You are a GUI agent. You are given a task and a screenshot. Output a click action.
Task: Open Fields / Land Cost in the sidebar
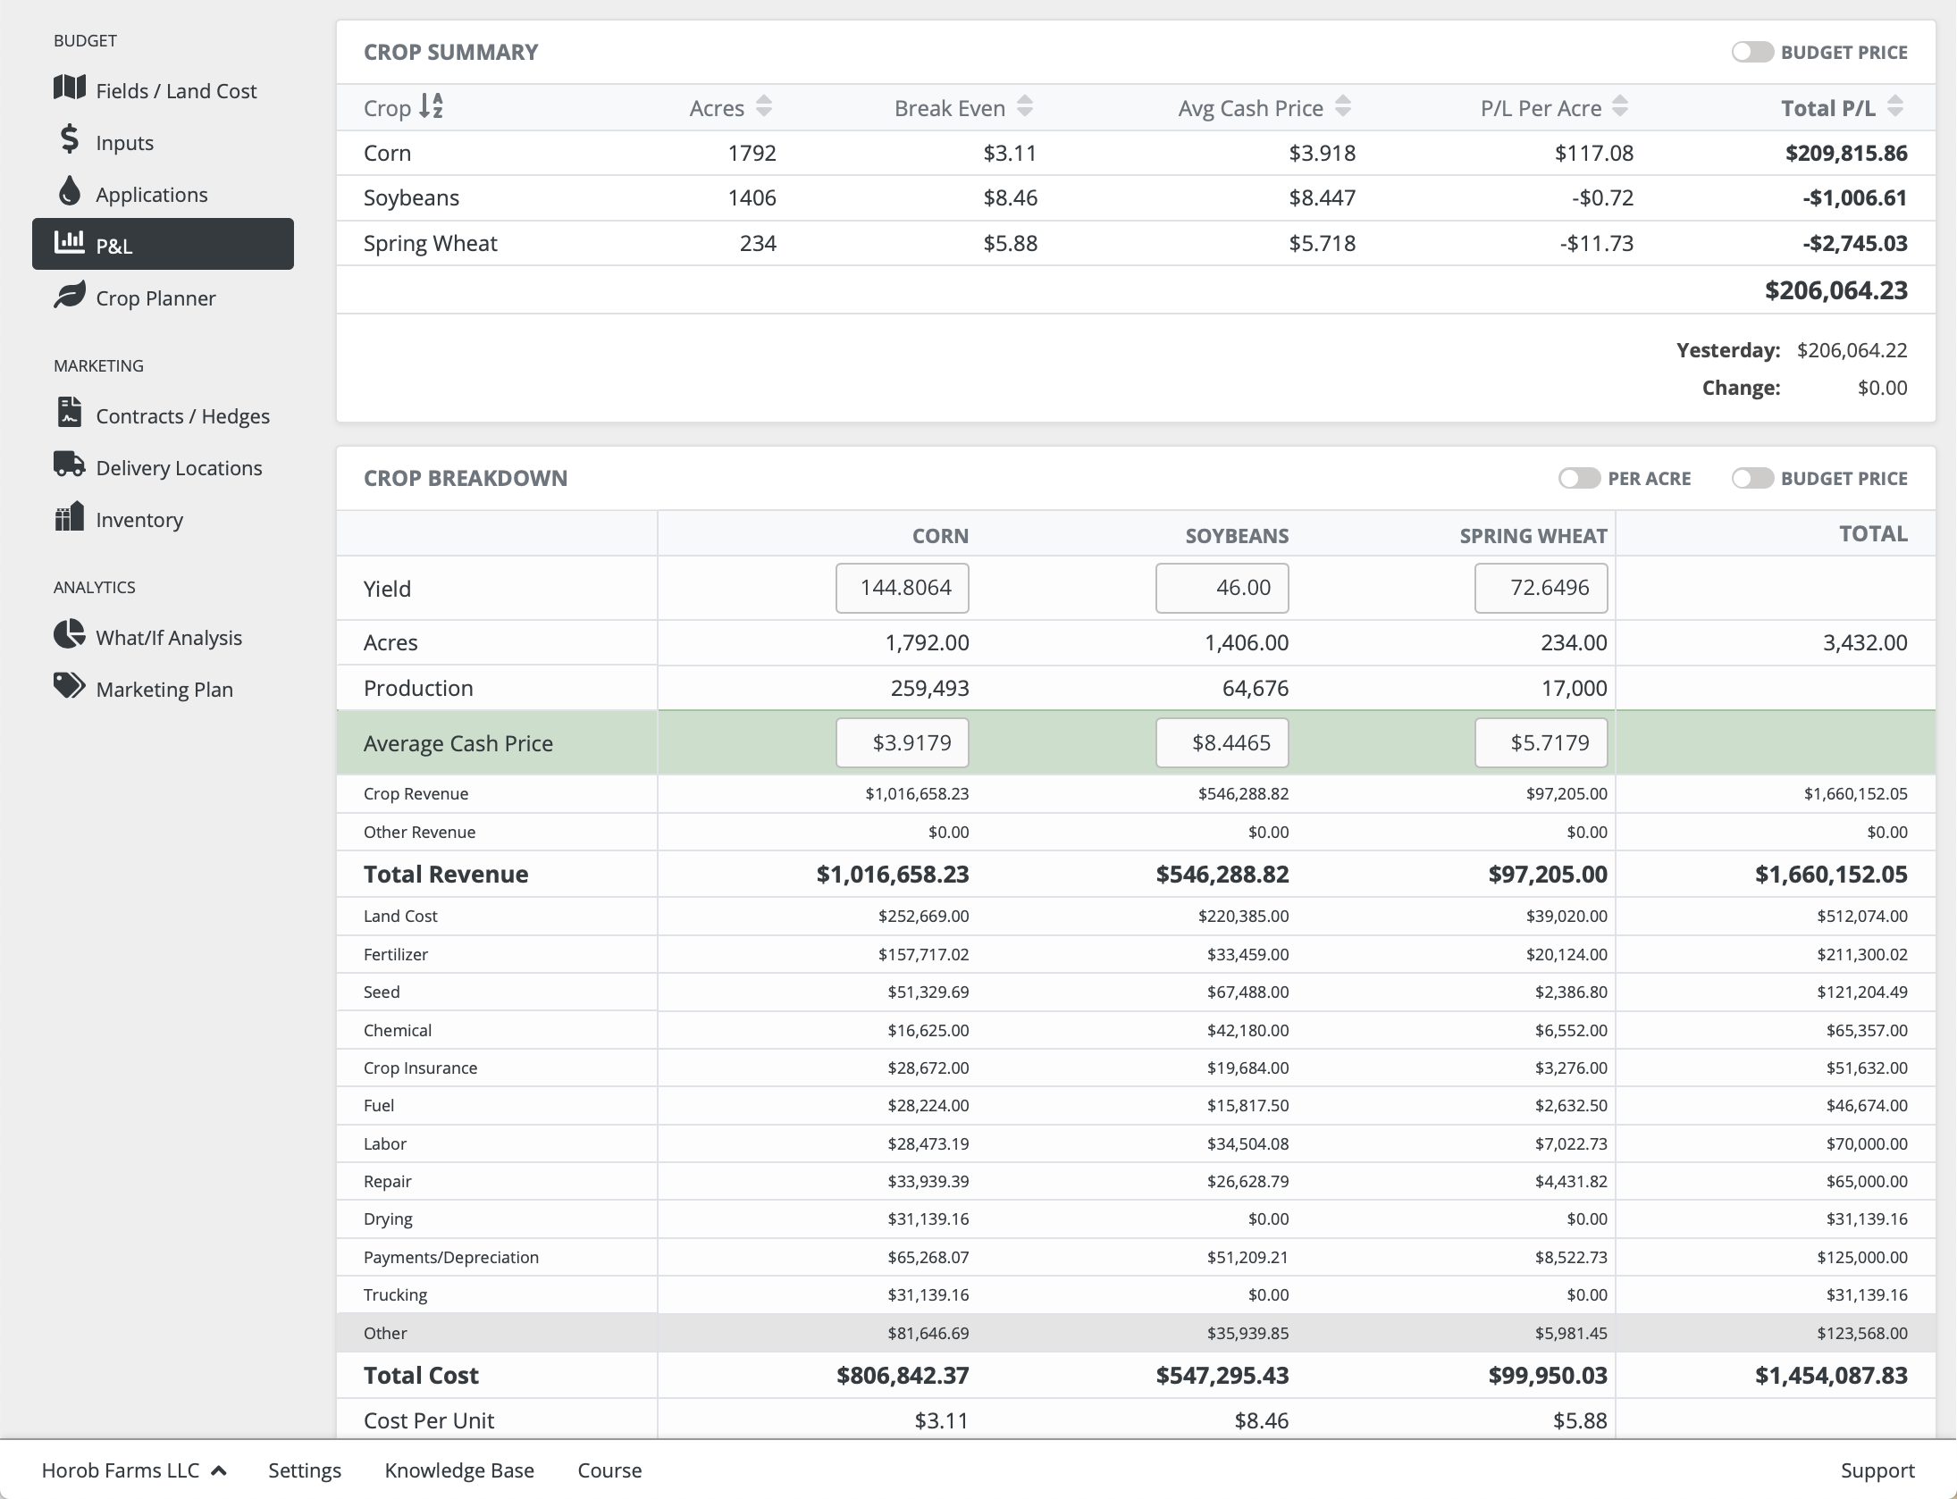click(x=175, y=91)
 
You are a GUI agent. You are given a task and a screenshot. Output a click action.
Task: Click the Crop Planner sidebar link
click(x=155, y=298)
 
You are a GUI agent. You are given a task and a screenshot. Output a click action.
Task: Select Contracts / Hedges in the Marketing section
click(x=182, y=416)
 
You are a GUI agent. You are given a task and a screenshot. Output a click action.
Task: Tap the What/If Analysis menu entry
click(x=168, y=638)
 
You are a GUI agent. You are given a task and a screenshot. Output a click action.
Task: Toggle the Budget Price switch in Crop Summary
click(x=1751, y=52)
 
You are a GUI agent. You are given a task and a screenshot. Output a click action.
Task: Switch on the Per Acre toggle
click(x=1579, y=478)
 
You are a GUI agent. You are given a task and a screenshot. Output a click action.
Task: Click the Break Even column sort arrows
click(x=1025, y=107)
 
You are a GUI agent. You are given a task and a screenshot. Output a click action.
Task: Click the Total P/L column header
click(x=1827, y=108)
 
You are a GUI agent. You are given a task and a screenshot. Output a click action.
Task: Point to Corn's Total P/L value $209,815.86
click(x=1845, y=154)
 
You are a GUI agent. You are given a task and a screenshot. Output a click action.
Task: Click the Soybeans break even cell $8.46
click(x=1010, y=198)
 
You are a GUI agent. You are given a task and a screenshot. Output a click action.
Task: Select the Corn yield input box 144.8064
click(x=903, y=588)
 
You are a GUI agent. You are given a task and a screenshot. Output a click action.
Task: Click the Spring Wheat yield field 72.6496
click(x=1541, y=588)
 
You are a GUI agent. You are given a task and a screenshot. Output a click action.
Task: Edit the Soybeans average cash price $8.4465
click(x=1222, y=743)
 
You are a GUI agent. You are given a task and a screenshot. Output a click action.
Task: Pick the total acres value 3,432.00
click(x=1864, y=643)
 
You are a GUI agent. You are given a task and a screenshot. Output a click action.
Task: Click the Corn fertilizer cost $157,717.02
click(x=923, y=955)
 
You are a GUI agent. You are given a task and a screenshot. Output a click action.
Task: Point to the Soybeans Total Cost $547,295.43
click(x=1222, y=1376)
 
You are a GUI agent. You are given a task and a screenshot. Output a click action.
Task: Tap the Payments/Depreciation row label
click(x=450, y=1258)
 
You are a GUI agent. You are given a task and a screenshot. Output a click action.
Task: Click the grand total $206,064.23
click(x=1835, y=291)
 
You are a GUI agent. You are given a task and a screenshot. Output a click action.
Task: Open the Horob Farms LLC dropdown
click(x=134, y=1470)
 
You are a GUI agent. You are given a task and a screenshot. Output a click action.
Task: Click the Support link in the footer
click(x=1877, y=1470)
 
